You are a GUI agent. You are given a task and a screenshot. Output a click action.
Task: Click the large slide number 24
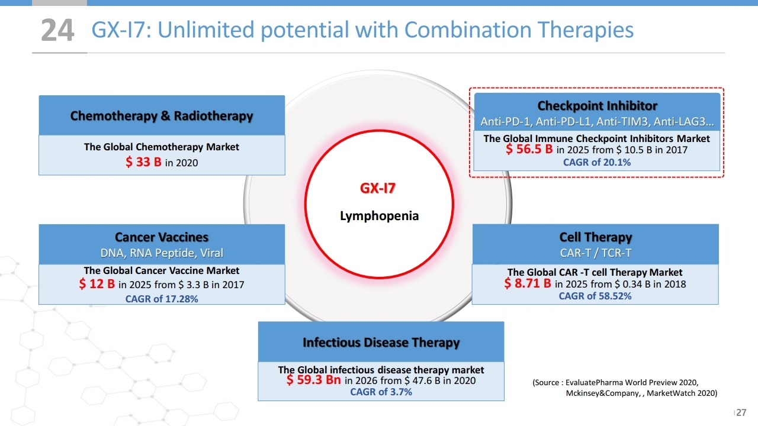[x=57, y=30]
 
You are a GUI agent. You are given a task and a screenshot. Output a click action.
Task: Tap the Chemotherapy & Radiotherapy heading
[x=162, y=115]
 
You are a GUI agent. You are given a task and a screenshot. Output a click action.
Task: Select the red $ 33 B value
[x=143, y=162]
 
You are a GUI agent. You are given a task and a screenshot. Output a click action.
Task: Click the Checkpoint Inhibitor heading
[x=598, y=105]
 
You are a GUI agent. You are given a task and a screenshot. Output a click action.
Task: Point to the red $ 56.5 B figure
[x=529, y=149]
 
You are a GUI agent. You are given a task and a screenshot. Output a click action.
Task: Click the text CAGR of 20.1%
[x=596, y=162]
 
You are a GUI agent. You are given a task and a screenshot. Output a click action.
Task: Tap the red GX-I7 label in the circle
[x=378, y=188]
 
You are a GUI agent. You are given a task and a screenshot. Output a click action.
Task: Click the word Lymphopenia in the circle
[x=379, y=216]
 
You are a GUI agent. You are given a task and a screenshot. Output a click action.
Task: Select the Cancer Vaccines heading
[x=162, y=237]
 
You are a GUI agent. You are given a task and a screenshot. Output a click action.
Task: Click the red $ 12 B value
[x=97, y=283]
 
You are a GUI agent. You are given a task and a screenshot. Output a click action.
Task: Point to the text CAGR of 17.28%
[x=162, y=299]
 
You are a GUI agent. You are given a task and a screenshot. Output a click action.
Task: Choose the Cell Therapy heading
[x=595, y=237]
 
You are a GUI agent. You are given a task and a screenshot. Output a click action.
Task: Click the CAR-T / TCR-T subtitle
[x=595, y=253]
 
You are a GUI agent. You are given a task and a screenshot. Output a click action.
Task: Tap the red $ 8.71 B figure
[x=527, y=283]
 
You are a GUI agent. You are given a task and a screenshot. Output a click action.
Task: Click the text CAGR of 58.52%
[x=595, y=296]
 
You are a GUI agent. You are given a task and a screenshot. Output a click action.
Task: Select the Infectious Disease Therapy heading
[x=381, y=343]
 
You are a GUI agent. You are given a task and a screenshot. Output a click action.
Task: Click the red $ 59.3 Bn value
[x=313, y=380]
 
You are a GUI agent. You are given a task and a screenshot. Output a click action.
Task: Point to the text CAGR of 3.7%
[x=381, y=392]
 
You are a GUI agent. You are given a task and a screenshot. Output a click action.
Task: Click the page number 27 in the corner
[x=741, y=412]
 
